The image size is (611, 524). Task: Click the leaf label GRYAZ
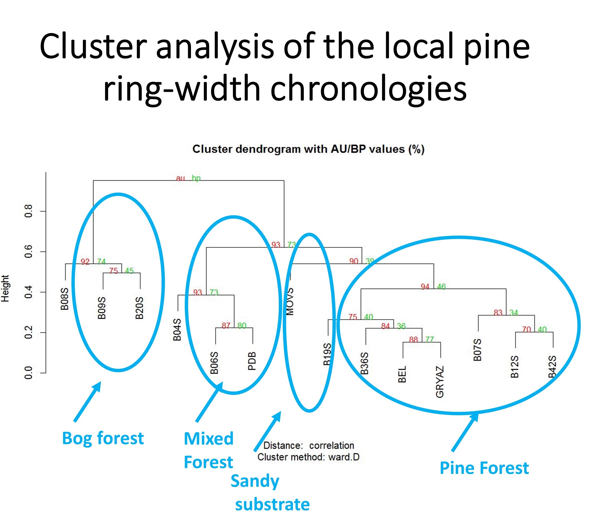(x=440, y=382)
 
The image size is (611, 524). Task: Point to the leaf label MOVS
(x=290, y=302)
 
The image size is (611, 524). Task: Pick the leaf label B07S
(x=477, y=350)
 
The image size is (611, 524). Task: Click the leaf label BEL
(x=402, y=374)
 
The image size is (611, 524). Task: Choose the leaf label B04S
(x=177, y=329)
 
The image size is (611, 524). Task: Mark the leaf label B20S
(x=139, y=308)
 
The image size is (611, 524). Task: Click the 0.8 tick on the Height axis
(x=29, y=211)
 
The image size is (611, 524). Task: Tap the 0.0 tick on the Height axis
(x=29, y=372)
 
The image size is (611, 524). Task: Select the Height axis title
(x=5, y=288)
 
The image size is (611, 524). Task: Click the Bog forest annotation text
(x=103, y=438)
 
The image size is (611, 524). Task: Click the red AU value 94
(x=425, y=287)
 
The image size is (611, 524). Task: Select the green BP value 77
(x=430, y=340)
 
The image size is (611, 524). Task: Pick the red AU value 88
(x=413, y=340)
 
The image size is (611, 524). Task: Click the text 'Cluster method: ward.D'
(x=308, y=457)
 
